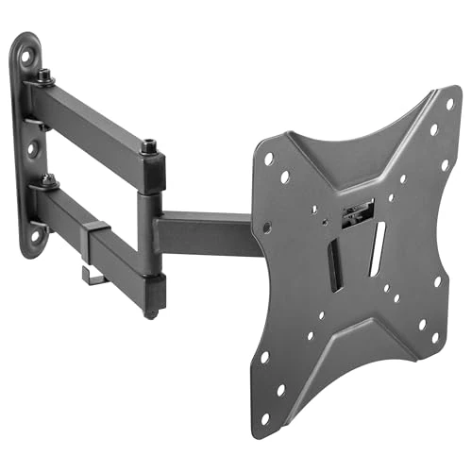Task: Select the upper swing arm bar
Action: pyautogui.click(x=94, y=123)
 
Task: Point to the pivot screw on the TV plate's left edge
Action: pyautogui.click(x=267, y=228)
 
